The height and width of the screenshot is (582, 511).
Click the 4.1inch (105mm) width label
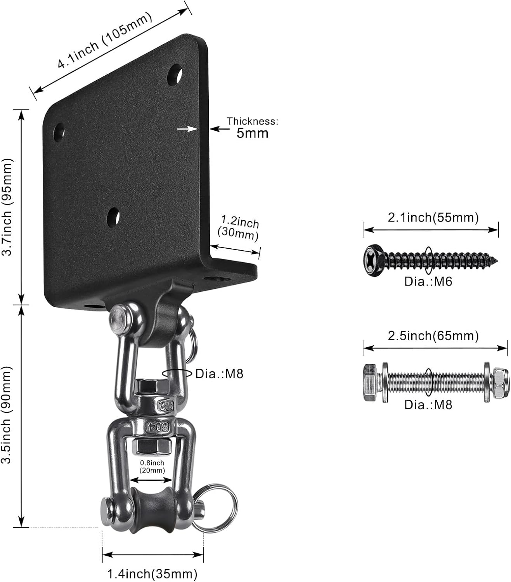tap(105, 41)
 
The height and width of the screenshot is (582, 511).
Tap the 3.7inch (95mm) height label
tap(8, 206)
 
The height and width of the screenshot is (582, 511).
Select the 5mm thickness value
tap(252, 133)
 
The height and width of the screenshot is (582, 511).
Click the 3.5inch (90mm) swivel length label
tap(8, 414)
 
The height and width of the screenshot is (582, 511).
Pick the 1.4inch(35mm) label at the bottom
tap(152, 573)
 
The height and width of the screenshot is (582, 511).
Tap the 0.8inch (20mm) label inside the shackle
tap(152, 467)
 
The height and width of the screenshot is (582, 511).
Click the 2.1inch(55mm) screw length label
tap(433, 218)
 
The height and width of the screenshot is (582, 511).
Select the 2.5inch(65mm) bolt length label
tap(433, 336)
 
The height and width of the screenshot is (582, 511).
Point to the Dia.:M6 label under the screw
tap(428, 281)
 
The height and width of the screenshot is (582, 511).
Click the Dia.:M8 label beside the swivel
tap(219, 374)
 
